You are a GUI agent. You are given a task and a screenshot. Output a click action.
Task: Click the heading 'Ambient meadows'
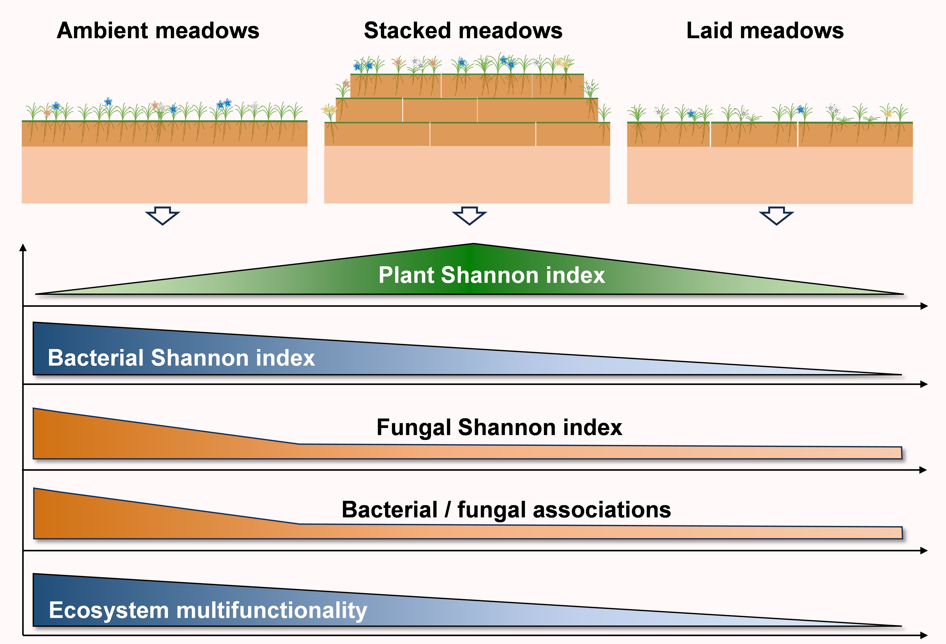[x=158, y=31]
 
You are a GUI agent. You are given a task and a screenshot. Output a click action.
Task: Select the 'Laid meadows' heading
[x=765, y=31]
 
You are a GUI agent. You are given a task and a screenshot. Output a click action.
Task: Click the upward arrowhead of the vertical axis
[x=23, y=247]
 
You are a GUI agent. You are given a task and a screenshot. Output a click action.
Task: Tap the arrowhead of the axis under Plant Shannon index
[x=924, y=306]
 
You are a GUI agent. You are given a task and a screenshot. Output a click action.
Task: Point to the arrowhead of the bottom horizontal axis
[x=924, y=635]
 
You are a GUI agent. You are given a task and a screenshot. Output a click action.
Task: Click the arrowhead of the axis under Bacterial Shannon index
[x=924, y=384]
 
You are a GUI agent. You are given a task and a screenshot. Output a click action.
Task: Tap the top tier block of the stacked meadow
[x=467, y=86]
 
